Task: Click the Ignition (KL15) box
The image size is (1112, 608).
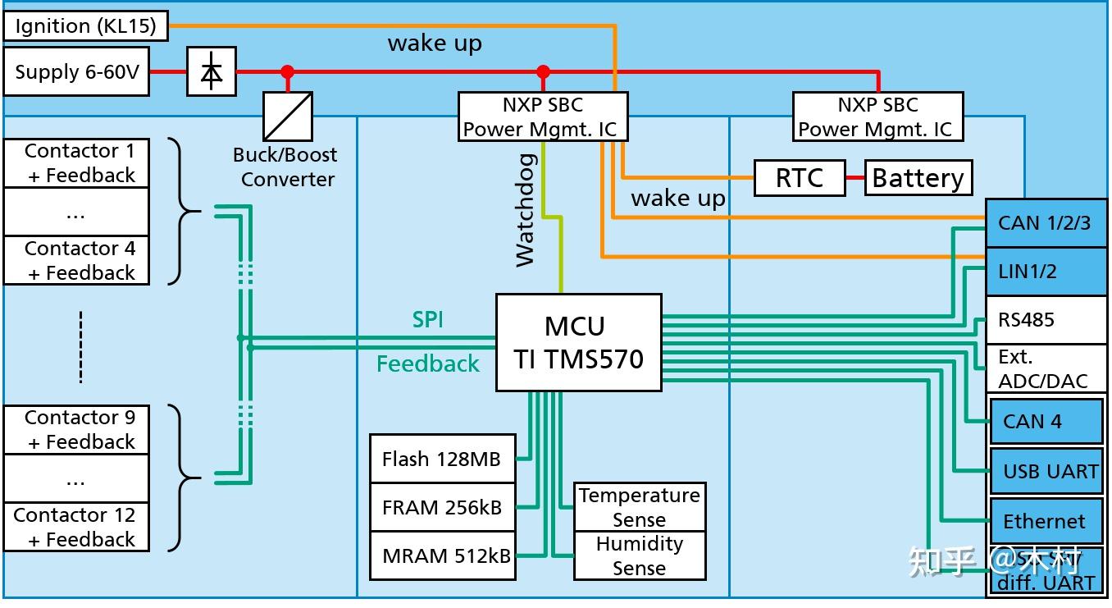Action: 85,26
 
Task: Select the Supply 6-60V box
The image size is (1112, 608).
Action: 77,72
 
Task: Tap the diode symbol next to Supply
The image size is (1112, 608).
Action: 212,72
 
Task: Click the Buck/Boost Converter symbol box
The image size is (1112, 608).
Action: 288,116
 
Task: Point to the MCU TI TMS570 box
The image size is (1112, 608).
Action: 578,342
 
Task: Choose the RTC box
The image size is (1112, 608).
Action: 799,178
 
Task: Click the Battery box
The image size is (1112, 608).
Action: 918,178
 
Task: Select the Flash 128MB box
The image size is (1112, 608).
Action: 442,459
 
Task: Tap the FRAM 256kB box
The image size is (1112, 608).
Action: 442,508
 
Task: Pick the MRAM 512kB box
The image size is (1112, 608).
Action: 443,556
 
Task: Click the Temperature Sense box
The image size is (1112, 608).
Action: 639,507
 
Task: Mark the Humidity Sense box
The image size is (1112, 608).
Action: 639,555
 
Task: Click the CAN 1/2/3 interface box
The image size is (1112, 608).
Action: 1045,223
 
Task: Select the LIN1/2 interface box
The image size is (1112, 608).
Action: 1045,272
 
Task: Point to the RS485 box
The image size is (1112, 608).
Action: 1045,320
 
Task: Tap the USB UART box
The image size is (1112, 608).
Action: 1046,471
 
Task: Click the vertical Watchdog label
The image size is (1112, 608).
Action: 526,210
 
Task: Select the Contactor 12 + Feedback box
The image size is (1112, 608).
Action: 75,527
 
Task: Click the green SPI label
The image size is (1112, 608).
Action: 428,320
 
